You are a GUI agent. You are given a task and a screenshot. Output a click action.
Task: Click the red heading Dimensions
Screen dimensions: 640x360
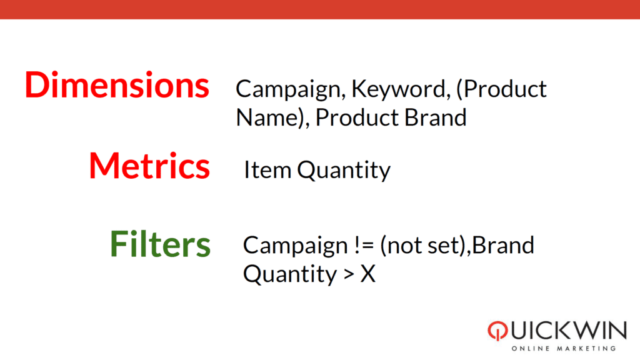117,85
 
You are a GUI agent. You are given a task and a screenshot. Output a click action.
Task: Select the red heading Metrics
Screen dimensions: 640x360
149,166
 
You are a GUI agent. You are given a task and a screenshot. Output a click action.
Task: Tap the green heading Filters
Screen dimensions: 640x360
161,244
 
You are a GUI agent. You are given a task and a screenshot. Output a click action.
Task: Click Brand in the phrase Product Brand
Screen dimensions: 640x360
435,117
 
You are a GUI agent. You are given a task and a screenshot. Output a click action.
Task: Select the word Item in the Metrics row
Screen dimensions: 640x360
267,170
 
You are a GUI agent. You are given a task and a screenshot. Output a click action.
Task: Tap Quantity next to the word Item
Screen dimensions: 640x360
344,171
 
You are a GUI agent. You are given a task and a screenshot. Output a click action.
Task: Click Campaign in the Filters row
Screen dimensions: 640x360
295,246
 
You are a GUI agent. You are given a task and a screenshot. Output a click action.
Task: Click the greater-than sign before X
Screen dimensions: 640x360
349,274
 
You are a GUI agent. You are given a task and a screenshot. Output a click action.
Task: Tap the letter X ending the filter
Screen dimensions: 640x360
367,274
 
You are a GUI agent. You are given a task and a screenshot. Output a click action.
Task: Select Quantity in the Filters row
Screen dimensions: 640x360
290,275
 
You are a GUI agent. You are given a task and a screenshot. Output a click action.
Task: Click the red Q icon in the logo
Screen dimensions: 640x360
497,331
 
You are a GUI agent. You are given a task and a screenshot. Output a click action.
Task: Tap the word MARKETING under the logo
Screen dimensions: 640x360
586,349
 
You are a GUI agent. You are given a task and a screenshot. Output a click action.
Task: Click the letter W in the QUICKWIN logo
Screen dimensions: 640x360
584,330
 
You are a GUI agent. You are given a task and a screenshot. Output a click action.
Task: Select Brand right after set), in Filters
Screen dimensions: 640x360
503,246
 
